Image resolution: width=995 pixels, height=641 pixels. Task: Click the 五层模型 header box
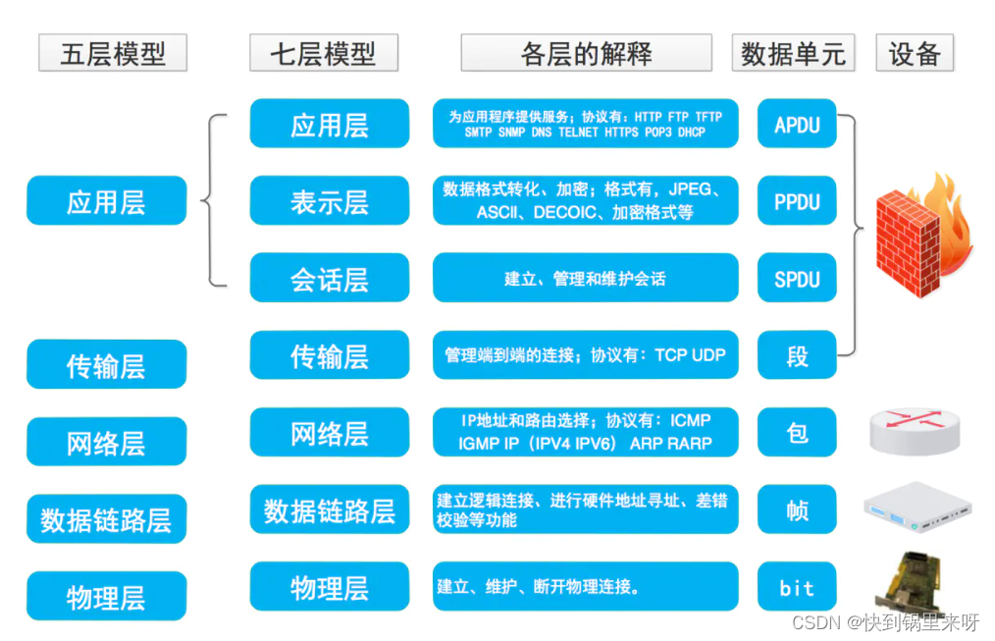pyautogui.click(x=113, y=53)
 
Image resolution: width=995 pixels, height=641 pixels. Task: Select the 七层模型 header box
pyautogui.click(x=324, y=53)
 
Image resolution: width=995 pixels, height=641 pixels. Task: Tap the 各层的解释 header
pyautogui.click(x=586, y=53)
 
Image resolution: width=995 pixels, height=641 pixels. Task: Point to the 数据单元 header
pyautogui.click(x=793, y=53)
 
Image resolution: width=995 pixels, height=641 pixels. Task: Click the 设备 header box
pyautogui.click(x=915, y=53)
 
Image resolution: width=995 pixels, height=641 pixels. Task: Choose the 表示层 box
pyautogui.click(x=329, y=201)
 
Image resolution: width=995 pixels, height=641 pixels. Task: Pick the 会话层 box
pyautogui.click(x=329, y=279)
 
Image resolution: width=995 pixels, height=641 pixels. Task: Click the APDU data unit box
pyautogui.click(x=797, y=125)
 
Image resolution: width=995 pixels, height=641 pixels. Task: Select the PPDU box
pyautogui.click(x=797, y=201)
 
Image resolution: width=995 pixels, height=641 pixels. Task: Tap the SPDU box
pyautogui.click(x=797, y=279)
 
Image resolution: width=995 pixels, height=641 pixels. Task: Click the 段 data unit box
pyautogui.click(x=797, y=355)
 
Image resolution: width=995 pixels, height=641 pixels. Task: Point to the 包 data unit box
pyautogui.click(x=797, y=432)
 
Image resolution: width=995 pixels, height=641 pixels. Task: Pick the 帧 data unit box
pyautogui.click(x=797, y=509)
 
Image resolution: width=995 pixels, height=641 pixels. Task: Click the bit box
pyautogui.click(x=797, y=587)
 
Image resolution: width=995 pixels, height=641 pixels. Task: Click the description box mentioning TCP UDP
pyautogui.click(x=585, y=355)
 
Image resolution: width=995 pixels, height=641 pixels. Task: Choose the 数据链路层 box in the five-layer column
pyautogui.click(x=106, y=518)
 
